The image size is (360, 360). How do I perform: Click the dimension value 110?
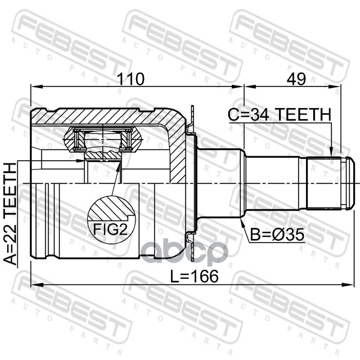[130, 79]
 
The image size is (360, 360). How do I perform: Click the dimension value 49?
[296, 79]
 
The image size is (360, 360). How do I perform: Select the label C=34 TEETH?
[279, 114]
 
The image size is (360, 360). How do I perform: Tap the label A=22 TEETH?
[10, 213]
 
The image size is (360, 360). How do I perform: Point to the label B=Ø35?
[277, 234]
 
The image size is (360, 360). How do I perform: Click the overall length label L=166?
[194, 276]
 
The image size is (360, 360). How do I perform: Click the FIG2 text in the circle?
[110, 229]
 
